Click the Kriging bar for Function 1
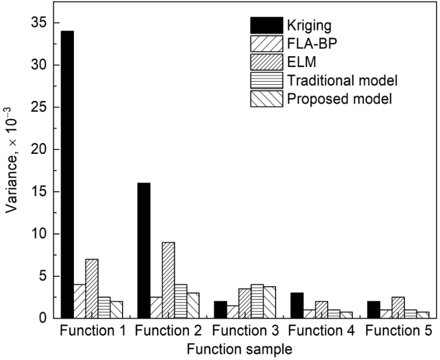pyautogui.click(x=68, y=175)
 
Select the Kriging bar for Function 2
pyautogui.click(x=144, y=251)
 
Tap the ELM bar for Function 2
pyautogui.click(x=168, y=280)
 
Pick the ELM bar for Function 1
pyautogui.click(x=92, y=289)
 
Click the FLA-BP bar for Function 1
pyautogui.click(x=80, y=302)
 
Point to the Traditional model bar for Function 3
pyautogui.click(x=257, y=302)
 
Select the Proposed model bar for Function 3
pyautogui.click(x=270, y=303)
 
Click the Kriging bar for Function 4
pyautogui.click(x=297, y=306)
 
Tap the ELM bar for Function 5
pyautogui.click(x=398, y=307)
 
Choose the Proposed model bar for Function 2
pyautogui.click(x=193, y=306)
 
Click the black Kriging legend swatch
pyautogui.click(x=266, y=25)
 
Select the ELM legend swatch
pyautogui.click(x=266, y=62)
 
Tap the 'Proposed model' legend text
pyautogui.click(x=339, y=99)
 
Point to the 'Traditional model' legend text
pyautogui.click(x=342, y=81)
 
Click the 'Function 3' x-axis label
pyautogui.click(x=246, y=331)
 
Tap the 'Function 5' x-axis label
pyautogui.click(x=399, y=331)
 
